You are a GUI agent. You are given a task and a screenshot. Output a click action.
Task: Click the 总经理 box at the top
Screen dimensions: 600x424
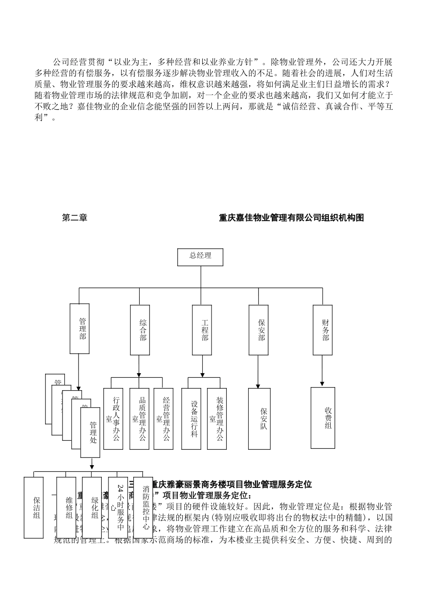click(200, 257)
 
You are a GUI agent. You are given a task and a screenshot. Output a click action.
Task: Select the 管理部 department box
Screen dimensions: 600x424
click(80, 329)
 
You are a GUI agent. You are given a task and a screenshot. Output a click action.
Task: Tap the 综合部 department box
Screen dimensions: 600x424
click(140, 330)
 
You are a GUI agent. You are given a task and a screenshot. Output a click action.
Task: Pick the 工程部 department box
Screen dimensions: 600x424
click(202, 330)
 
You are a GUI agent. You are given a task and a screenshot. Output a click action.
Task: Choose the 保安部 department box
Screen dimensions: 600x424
click(259, 330)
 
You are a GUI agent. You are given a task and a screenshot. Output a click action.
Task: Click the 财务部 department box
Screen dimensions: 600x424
click(322, 330)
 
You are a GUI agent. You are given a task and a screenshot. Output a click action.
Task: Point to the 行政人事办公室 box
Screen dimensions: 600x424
click(113, 418)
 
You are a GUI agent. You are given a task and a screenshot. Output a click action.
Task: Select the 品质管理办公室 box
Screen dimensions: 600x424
click(139, 418)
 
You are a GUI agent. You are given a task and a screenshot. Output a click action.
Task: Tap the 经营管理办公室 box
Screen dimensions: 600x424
click(163, 418)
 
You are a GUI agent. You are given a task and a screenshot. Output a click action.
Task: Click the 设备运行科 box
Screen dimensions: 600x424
click(191, 418)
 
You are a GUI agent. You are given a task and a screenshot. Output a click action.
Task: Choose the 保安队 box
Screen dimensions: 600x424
click(259, 418)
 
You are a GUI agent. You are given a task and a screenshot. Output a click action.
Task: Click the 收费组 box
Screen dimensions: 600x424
click(323, 417)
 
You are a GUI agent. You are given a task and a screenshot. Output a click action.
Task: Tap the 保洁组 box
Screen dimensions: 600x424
click(33, 508)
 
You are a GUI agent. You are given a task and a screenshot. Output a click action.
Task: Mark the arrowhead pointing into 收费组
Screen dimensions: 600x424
click(322, 383)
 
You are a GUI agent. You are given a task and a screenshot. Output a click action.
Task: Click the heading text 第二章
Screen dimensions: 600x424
click(75, 217)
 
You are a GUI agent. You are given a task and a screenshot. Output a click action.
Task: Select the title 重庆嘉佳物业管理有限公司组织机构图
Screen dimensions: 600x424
click(291, 217)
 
